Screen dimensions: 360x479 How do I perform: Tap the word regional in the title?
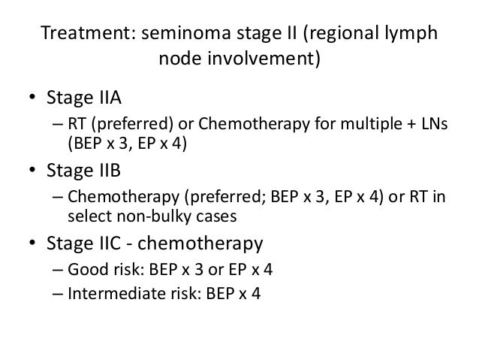point(348,35)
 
